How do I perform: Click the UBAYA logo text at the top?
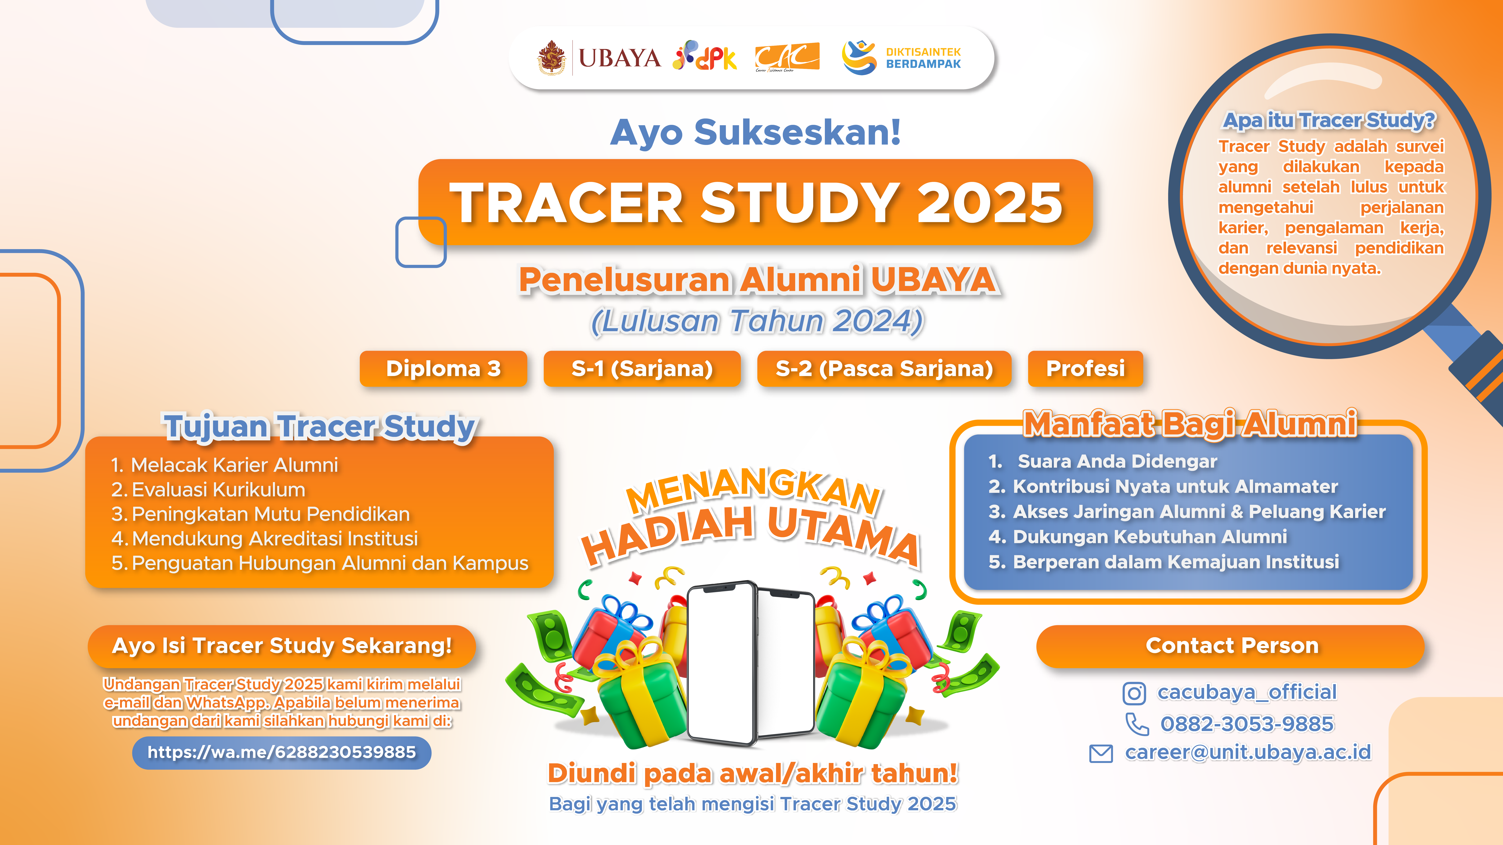(619, 58)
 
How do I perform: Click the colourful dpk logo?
(705, 57)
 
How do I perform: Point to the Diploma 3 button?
(444, 369)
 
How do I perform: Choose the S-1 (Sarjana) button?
(642, 369)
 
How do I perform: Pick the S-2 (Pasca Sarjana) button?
(884, 369)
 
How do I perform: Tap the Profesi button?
(1085, 369)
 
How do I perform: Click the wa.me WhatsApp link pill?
(282, 752)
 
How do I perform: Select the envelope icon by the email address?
(1101, 753)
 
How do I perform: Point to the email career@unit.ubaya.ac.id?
(1248, 752)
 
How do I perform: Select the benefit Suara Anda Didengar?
(1103, 461)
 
